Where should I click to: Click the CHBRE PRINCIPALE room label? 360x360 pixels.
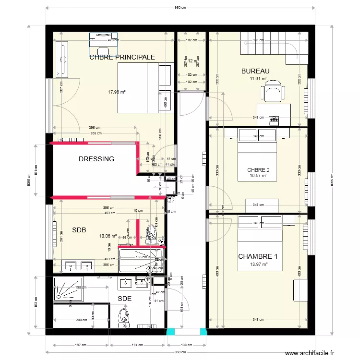click(x=122, y=57)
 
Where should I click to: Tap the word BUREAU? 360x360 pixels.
click(x=255, y=72)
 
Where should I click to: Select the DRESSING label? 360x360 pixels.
click(x=96, y=159)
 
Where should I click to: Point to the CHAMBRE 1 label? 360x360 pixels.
click(x=258, y=256)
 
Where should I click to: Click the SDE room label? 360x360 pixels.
click(x=124, y=298)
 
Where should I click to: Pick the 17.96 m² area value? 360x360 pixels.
click(x=117, y=92)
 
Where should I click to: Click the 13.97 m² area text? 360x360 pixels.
click(x=258, y=264)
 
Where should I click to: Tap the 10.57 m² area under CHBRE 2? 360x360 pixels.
click(x=258, y=176)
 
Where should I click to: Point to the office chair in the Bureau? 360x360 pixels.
click(x=273, y=92)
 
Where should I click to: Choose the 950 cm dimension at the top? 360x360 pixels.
click(x=180, y=8)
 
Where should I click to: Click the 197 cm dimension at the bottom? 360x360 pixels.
click(x=81, y=345)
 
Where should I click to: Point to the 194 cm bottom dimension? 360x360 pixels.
click(x=138, y=345)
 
